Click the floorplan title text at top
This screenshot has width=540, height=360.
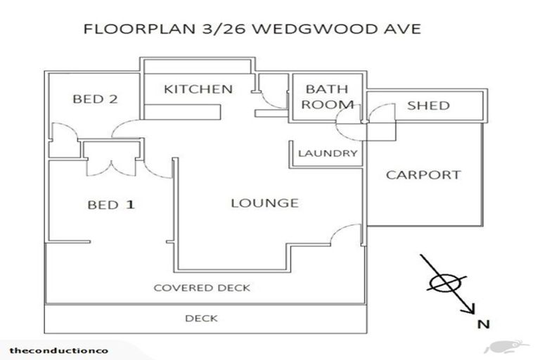point(252,30)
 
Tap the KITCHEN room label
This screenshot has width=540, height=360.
point(198,89)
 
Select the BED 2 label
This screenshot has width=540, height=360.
point(95,99)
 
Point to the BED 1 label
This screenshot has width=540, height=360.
point(110,205)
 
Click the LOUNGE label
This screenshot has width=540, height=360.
point(265,203)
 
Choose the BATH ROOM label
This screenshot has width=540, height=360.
point(329,97)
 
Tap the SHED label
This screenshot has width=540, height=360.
point(428,105)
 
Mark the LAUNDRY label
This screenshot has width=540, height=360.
point(328,153)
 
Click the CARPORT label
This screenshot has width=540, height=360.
point(423,175)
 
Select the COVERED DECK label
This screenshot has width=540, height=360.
point(202,288)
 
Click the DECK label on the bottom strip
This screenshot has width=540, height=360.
point(201,319)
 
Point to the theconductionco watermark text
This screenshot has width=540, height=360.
point(49,350)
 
